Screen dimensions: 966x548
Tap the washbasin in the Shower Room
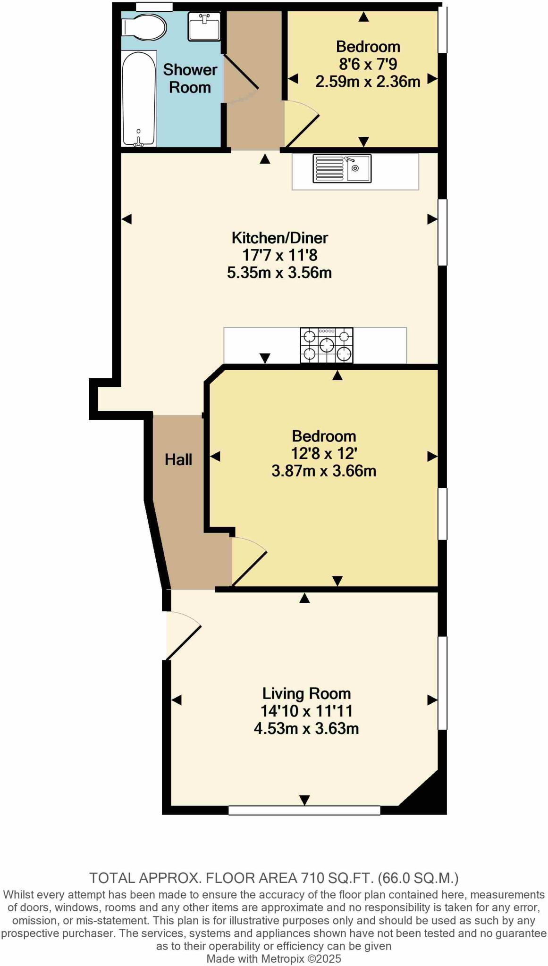(x=204, y=25)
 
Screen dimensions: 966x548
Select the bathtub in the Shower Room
(x=139, y=99)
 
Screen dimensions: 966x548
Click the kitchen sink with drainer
(x=342, y=168)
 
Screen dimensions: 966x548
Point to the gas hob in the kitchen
(x=327, y=346)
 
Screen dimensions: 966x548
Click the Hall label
(x=178, y=459)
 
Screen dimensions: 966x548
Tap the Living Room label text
(x=306, y=693)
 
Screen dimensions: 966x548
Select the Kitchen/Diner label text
(x=279, y=238)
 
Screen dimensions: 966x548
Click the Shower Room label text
(x=190, y=78)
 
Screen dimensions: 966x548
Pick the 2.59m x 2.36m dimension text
(x=368, y=82)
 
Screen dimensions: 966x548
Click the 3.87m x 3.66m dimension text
(x=324, y=471)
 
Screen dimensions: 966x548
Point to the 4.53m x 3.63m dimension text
(x=306, y=728)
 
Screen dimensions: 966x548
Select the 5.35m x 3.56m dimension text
(x=279, y=273)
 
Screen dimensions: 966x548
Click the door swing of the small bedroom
(x=301, y=125)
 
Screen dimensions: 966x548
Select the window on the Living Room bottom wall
(x=304, y=810)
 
